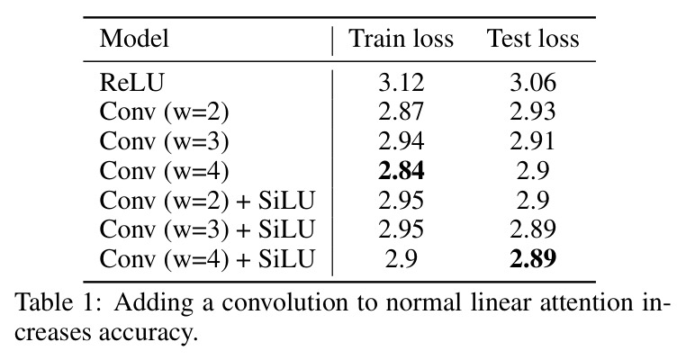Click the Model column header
tap(134, 39)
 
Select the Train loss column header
tap(402, 39)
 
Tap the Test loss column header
tap(533, 39)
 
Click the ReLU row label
tap(131, 82)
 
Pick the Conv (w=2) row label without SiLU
tap(164, 112)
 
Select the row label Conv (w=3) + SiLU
tap(207, 229)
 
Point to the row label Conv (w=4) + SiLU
tap(207, 258)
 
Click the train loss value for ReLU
tap(402, 83)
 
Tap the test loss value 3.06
tap(533, 83)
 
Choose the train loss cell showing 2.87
tap(402, 112)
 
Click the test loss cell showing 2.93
tap(533, 112)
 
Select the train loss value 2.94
tap(402, 141)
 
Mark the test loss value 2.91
tap(533, 141)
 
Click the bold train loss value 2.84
tap(402, 171)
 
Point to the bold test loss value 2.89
tap(533, 258)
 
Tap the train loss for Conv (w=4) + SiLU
tap(402, 258)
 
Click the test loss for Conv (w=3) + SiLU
tap(533, 229)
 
